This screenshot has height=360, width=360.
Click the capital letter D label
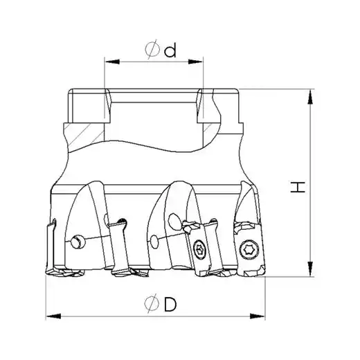pyautogui.click(x=170, y=304)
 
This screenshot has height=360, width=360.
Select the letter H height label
pyautogui.click(x=298, y=187)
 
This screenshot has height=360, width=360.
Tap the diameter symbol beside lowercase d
pyautogui.click(x=152, y=49)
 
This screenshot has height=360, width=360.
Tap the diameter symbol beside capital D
pyautogui.click(x=152, y=303)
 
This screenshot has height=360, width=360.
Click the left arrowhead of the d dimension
pyautogui.click(x=112, y=62)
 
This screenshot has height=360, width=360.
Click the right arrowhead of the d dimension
pyautogui.click(x=195, y=62)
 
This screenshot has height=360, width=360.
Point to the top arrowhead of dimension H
pyautogui.click(x=311, y=97)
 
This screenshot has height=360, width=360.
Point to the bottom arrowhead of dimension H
pyautogui.click(x=311, y=269)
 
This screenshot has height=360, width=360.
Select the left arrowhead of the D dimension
pyautogui.click(x=53, y=316)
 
